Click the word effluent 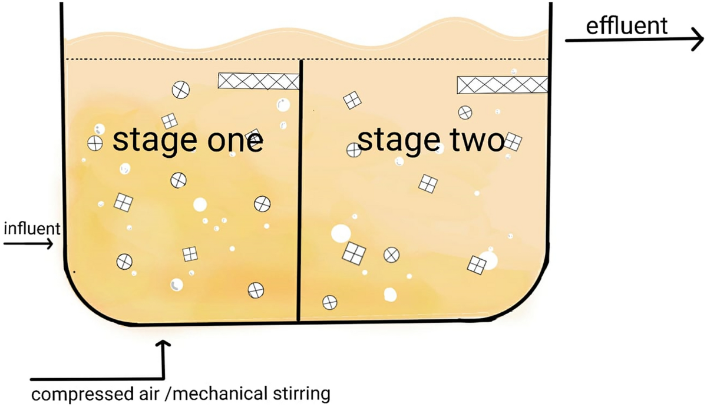[x=627, y=27]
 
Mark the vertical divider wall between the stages [x=300, y=194]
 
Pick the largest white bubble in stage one [x=200, y=204]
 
